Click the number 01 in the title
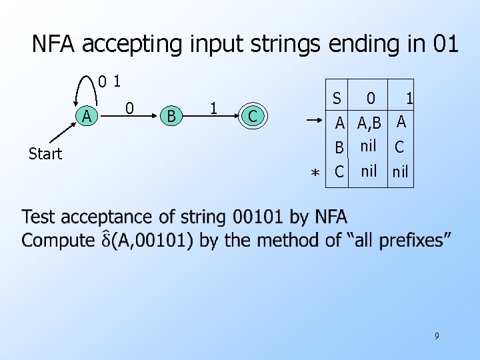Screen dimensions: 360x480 click(445, 44)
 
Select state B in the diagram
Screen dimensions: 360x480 click(171, 116)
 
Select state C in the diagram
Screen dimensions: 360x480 click(252, 116)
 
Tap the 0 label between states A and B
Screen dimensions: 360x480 click(130, 108)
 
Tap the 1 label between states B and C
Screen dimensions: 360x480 click(213, 108)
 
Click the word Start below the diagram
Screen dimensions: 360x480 click(45, 154)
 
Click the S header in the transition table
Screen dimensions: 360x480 click(337, 99)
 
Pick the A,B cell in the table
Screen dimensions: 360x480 click(369, 123)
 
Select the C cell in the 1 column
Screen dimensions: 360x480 click(400, 147)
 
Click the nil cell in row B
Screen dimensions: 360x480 click(368, 146)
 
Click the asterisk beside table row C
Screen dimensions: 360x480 click(315, 173)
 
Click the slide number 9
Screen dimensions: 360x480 click(437, 336)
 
